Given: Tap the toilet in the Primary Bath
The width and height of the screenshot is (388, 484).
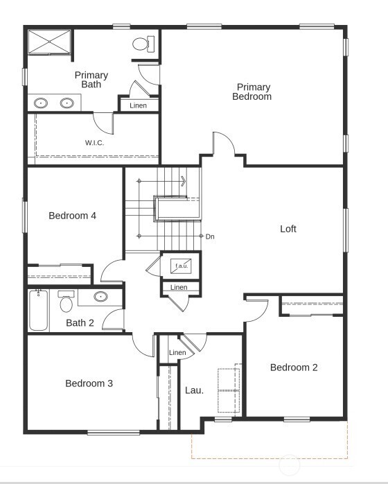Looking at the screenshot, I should [141, 44].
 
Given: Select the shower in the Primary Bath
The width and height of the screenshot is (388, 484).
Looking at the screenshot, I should [49, 42].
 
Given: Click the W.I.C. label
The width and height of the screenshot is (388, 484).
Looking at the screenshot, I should [95, 143].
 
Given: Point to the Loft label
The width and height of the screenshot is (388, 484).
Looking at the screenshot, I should [288, 229].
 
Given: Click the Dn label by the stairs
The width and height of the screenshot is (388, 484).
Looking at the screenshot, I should [210, 236].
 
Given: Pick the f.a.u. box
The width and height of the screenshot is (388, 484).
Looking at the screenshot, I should [182, 266].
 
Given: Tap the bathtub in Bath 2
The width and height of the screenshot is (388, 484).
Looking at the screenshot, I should [38, 311].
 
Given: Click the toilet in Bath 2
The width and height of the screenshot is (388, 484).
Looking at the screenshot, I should [67, 302].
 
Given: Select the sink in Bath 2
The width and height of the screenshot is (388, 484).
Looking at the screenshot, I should [101, 297].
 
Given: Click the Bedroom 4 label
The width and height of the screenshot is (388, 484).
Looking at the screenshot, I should [72, 216].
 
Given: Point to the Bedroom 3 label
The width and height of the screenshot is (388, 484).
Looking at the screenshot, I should [89, 383].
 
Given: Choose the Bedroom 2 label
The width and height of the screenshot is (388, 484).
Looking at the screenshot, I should [294, 368].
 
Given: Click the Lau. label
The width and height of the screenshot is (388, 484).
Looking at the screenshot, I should [194, 390].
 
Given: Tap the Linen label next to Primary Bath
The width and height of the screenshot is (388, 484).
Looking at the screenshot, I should [139, 105].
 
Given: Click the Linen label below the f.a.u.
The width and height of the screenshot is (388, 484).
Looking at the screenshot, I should [179, 287].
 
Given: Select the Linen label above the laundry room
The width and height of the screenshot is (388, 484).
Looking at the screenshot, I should [177, 353].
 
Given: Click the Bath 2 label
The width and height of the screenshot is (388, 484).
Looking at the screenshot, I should [80, 322].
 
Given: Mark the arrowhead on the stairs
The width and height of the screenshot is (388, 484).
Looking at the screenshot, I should [184, 182].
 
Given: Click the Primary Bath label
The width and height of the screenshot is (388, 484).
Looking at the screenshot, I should [91, 80].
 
